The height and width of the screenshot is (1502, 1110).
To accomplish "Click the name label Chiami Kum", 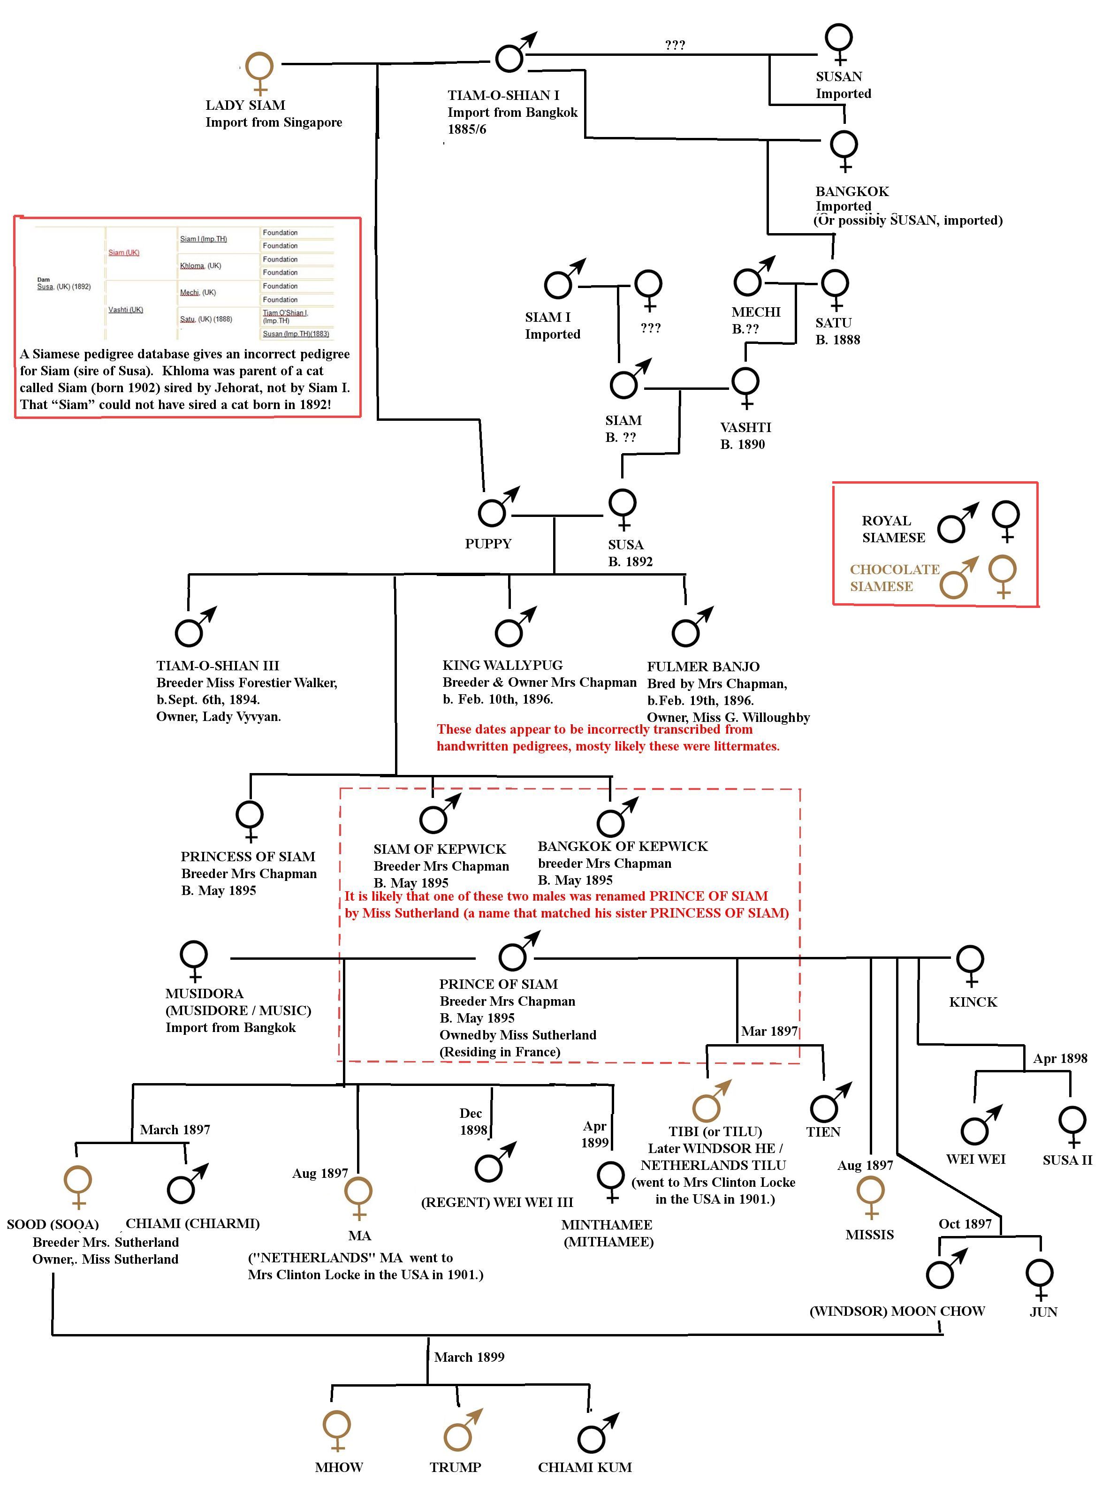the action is click(585, 1467).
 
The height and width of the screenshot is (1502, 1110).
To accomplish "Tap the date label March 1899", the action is click(469, 1357).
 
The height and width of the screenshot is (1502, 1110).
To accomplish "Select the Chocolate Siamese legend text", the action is click(894, 578).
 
